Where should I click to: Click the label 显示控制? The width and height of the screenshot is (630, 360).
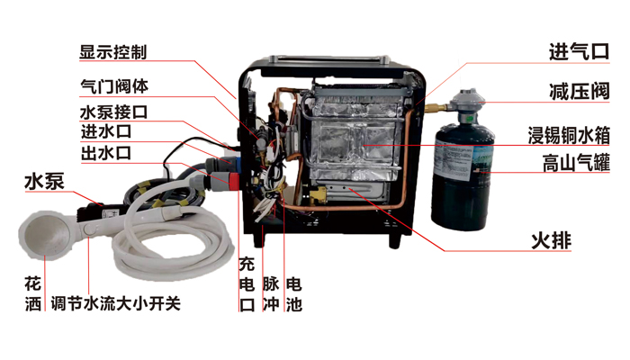(x=112, y=52)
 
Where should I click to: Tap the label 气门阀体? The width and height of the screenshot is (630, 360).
(x=114, y=86)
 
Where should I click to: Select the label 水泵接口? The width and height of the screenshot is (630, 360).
(x=114, y=112)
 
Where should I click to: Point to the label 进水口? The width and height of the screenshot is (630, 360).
(x=106, y=131)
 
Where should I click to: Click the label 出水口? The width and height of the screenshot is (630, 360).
(x=106, y=153)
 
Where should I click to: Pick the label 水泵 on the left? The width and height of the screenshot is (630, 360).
(x=45, y=182)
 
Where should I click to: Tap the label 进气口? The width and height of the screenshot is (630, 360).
(x=579, y=52)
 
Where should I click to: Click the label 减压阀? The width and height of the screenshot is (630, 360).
(x=580, y=91)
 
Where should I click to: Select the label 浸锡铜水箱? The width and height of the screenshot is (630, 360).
(x=569, y=135)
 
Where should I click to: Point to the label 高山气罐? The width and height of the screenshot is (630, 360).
(x=576, y=163)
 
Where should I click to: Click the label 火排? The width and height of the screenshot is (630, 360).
(x=551, y=240)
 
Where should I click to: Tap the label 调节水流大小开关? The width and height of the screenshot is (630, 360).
(x=116, y=303)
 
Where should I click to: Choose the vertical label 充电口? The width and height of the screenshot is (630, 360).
(x=247, y=284)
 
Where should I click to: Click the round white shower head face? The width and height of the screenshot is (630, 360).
(x=42, y=235)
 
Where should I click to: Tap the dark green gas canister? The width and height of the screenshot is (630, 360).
(x=463, y=176)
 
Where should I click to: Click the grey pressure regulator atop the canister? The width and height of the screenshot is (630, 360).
(x=468, y=103)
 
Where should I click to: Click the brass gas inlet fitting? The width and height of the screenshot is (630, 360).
(x=436, y=108)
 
